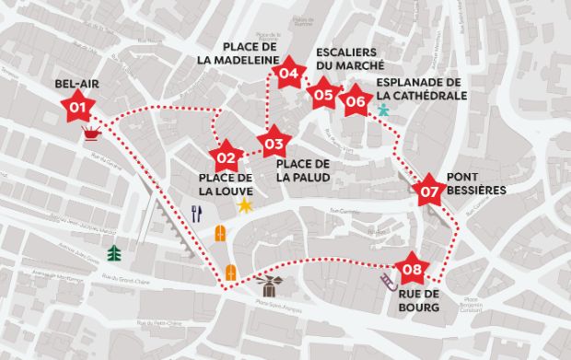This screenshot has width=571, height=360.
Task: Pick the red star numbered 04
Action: click(x=289, y=74)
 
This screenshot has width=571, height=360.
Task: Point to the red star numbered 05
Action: click(x=322, y=93)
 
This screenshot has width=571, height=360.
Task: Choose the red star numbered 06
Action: click(x=354, y=101)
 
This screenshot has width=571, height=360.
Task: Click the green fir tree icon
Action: click(x=115, y=252)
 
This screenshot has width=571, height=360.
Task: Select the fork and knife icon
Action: click(x=195, y=215)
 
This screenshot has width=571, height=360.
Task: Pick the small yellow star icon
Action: click(x=245, y=204)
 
